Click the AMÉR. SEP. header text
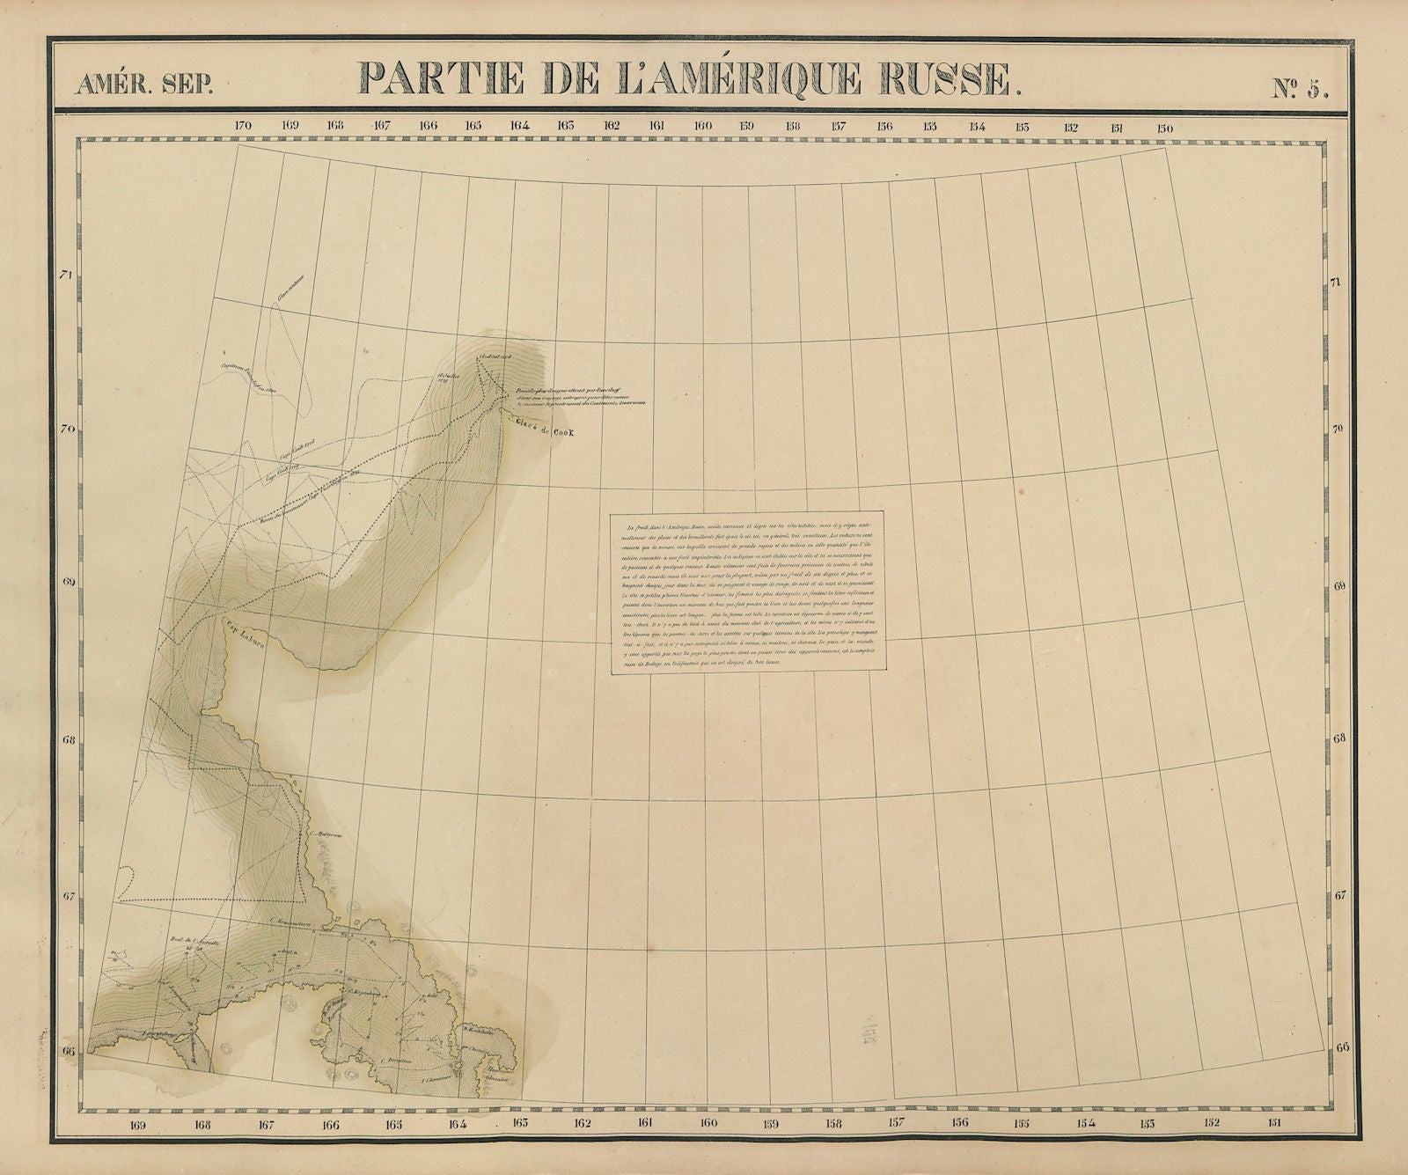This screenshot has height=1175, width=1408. pyautogui.click(x=143, y=85)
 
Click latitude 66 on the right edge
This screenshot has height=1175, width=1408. pyautogui.click(x=1342, y=1048)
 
